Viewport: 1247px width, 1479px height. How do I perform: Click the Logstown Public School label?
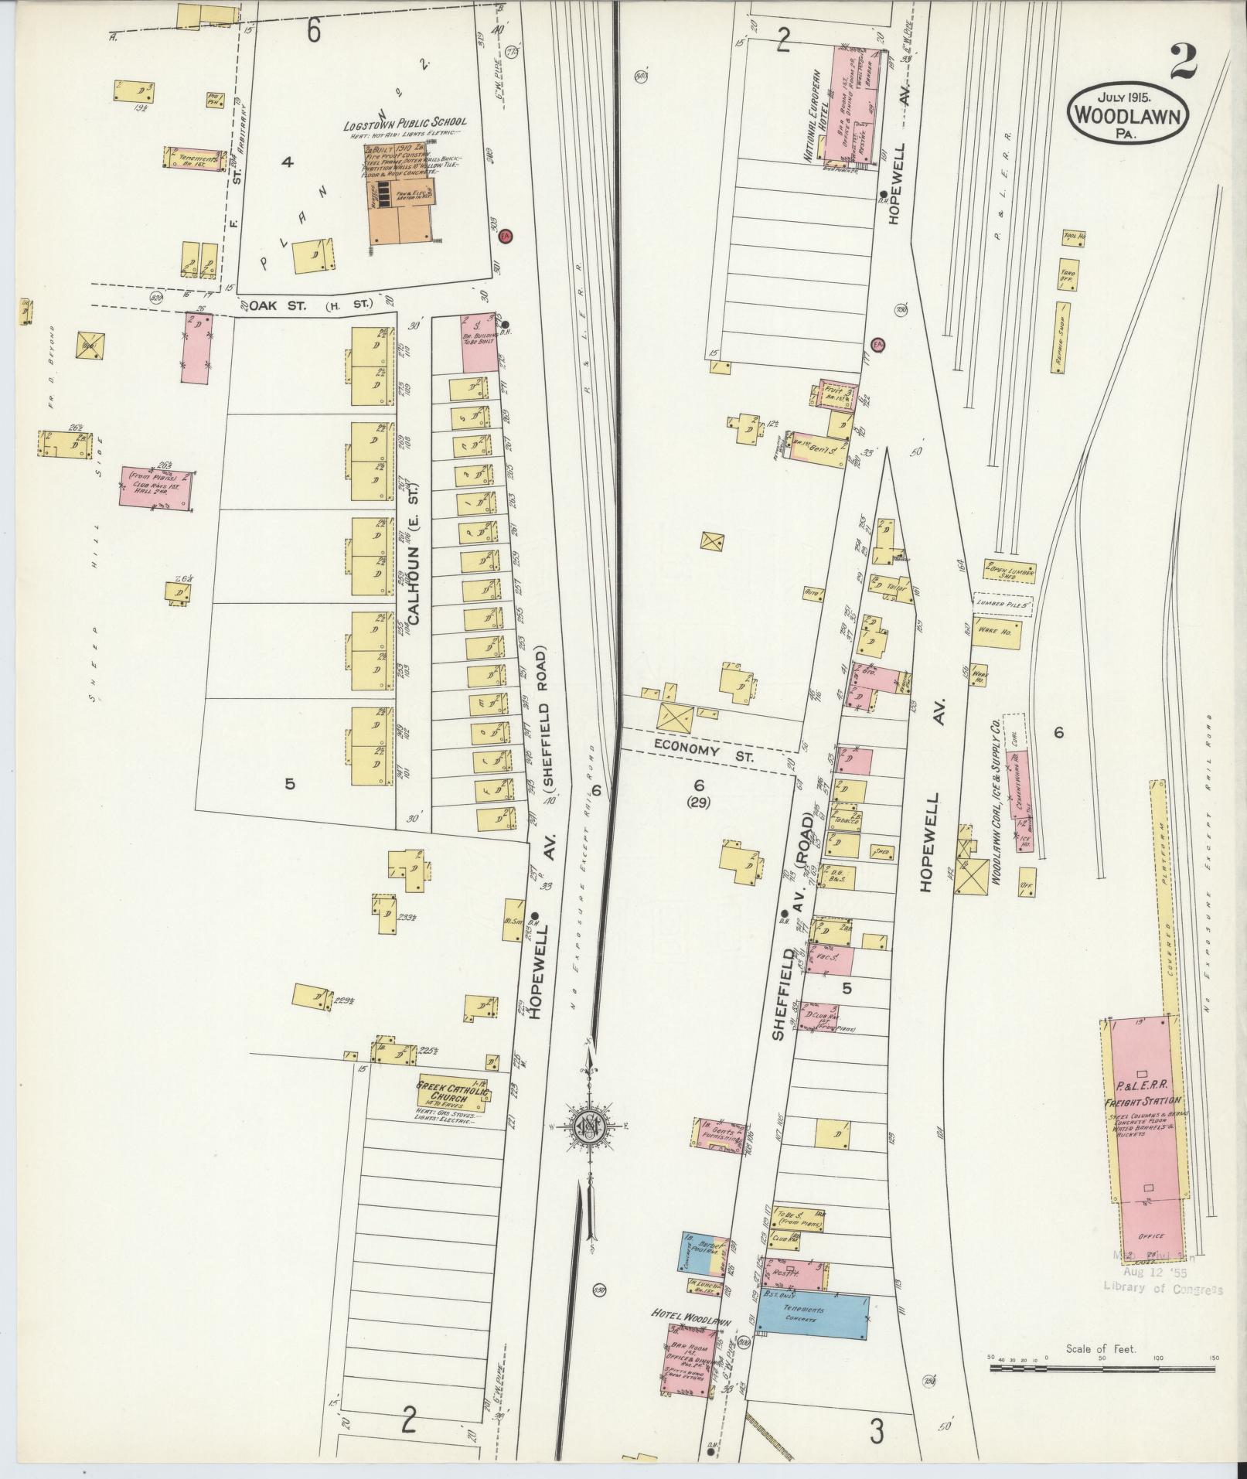pos(405,124)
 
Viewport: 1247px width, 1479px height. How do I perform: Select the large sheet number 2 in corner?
pos(1184,61)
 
